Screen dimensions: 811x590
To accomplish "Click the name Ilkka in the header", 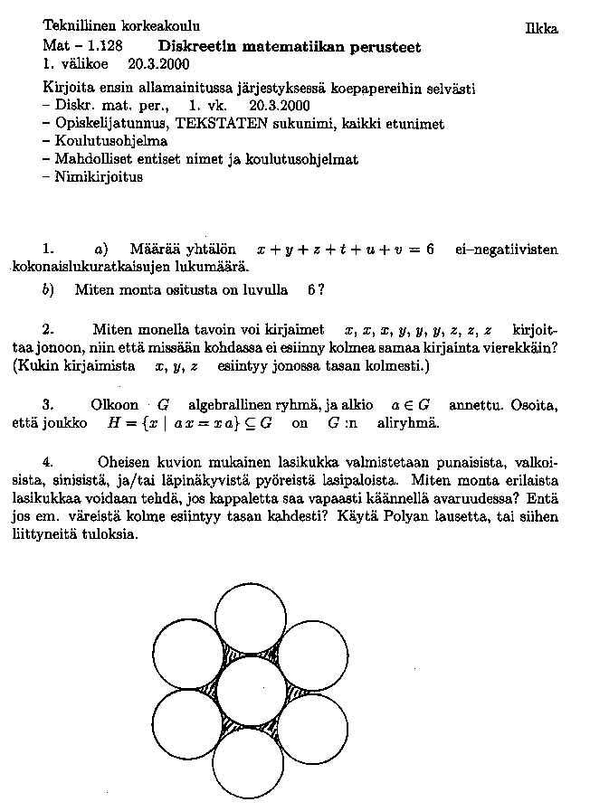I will tap(541, 29).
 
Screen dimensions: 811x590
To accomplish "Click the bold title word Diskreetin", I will tap(195, 45).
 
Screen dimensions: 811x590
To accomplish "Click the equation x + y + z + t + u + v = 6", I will tap(346, 249).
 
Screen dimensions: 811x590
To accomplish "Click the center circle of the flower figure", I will tap(251, 691).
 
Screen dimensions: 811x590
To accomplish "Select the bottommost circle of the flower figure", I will tap(251, 762).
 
